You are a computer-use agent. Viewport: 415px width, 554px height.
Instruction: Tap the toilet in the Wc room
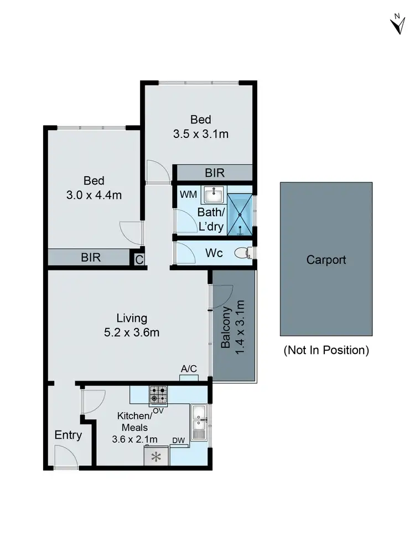242,253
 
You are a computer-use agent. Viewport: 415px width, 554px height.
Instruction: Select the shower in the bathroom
240,214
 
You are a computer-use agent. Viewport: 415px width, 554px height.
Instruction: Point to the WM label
186,194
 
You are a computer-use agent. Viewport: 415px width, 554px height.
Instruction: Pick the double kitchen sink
199,422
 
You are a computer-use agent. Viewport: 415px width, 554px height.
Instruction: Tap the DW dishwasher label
178,440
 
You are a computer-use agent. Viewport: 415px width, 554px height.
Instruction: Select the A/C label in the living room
189,369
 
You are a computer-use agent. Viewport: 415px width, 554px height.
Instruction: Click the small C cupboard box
138,259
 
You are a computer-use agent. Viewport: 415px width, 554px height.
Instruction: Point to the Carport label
326,259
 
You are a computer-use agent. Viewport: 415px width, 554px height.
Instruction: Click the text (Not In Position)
326,350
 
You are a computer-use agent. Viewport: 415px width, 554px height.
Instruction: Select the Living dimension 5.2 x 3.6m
132,332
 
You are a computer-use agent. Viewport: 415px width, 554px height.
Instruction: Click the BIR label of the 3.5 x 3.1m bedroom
214,173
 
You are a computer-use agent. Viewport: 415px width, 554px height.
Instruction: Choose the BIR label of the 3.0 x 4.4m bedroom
91,258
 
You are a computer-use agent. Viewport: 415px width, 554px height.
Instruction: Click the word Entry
68,435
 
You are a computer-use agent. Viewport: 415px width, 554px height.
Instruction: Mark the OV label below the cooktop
158,411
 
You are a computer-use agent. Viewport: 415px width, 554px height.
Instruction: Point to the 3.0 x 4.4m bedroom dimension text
94,195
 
